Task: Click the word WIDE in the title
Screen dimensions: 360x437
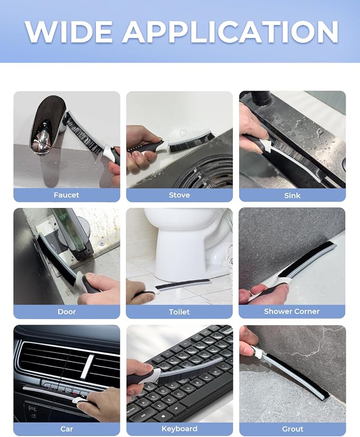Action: click(68, 31)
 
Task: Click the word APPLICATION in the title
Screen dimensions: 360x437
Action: click(230, 31)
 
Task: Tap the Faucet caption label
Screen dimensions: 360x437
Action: click(67, 195)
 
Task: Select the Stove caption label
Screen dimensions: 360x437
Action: click(179, 195)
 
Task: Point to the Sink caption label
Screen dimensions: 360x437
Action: click(292, 195)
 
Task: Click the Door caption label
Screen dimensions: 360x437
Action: click(67, 311)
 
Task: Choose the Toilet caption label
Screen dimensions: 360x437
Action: click(179, 312)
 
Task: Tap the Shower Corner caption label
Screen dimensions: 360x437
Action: click(292, 311)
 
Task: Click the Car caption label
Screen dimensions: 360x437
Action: click(67, 429)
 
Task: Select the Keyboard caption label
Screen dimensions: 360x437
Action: click(179, 429)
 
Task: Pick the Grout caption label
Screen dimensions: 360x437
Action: click(293, 429)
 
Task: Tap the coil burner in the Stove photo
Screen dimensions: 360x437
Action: click(211, 171)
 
